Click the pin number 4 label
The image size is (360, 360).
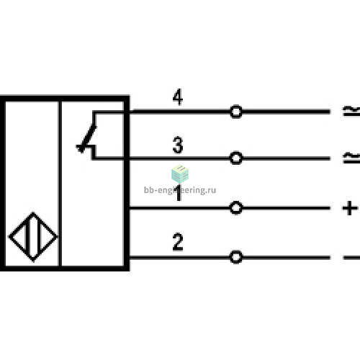click(178, 97)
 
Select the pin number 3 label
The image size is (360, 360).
click(178, 145)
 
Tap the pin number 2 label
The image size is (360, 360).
click(178, 242)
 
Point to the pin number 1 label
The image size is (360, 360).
click(179, 192)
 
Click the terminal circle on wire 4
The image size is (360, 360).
click(236, 112)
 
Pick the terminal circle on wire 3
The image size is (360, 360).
click(236, 158)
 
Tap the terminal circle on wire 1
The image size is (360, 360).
click(236, 208)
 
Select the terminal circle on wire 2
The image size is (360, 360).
click(236, 257)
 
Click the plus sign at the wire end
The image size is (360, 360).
click(350, 208)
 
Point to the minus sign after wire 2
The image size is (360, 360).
click(351, 258)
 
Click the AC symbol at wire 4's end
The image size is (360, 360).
click(351, 111)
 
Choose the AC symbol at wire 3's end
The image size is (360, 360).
click(351, 158)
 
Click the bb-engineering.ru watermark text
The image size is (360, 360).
click(180, 190)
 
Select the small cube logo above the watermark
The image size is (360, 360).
click(180, 174)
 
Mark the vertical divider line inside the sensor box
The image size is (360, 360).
click(60, 184)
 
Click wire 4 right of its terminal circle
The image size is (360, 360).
click(286, 112)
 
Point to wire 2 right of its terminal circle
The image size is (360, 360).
click(286, 258)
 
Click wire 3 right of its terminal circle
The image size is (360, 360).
click(286, 158)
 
